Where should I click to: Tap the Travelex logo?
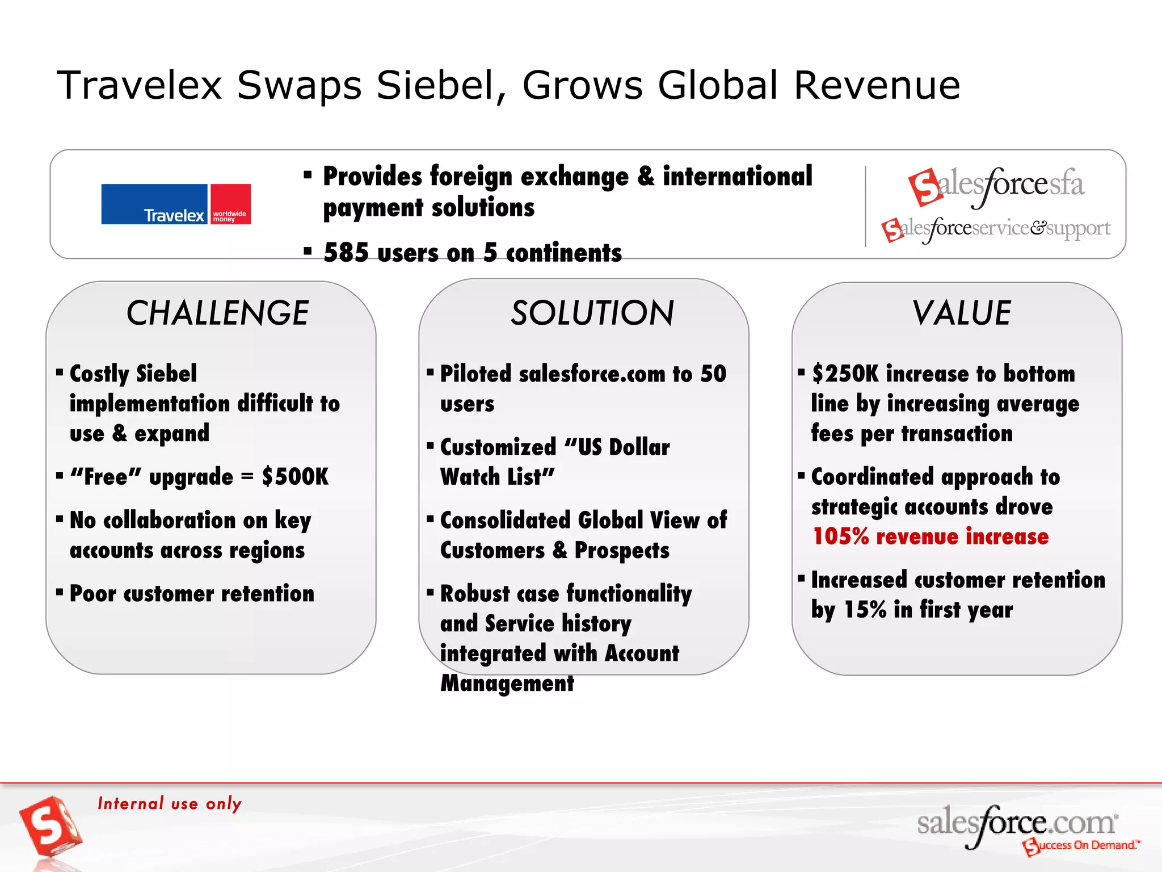tap(176, 204)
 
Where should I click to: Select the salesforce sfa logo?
tap(996, 185)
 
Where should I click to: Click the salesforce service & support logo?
tap(996, 229)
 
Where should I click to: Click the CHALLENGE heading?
tap(217, 313)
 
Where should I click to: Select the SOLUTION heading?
tap(592, 313)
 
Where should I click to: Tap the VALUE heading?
tap(961, 313)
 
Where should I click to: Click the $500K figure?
tap(295, 477)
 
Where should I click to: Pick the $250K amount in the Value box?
tap(845, 374)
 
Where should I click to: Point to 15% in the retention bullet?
tap(865, 610)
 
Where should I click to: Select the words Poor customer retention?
tap(192, 594)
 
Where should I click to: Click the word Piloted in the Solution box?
tap(476, 374)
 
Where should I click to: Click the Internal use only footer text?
tap(170, 803)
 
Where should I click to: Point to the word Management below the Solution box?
tap(507, 683)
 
